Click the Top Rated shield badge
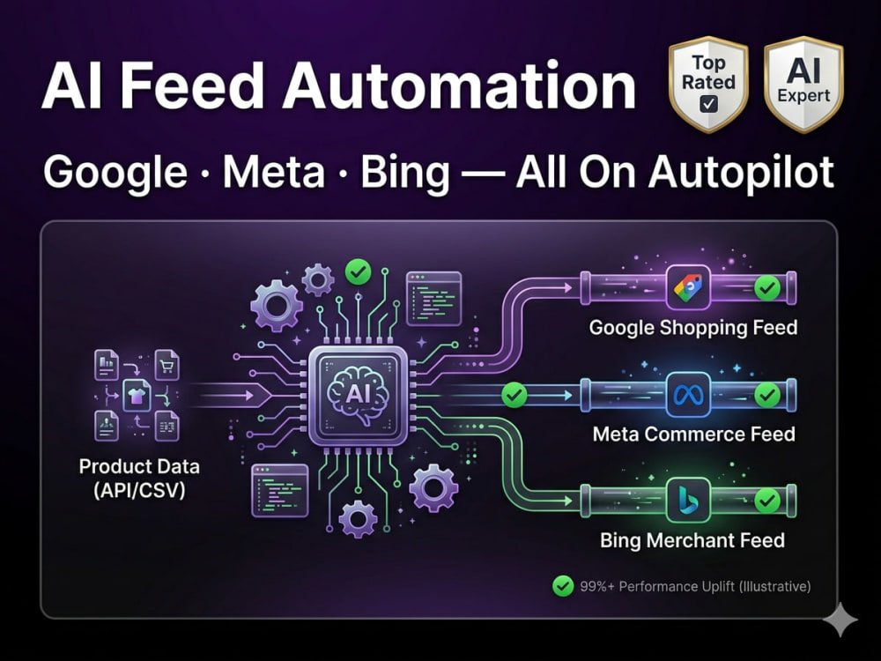point(708,85)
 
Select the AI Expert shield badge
point(803,85)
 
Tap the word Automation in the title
point(459,86)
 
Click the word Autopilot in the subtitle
point(741,173)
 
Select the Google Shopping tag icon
point(688,288)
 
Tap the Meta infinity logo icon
point(688,396)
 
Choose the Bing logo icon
point(688,501)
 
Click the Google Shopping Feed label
point(693,328)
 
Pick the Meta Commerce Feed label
point(694,434)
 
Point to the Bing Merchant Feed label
point(692,540)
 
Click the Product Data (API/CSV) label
point(139,479)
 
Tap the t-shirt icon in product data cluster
point(137,395)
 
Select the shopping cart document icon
point(167,365)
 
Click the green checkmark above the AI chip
point(358,272)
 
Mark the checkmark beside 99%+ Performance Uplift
point(562,586)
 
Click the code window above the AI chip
point(433,299)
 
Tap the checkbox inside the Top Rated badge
point(709,103)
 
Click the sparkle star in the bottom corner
point(840,620)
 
